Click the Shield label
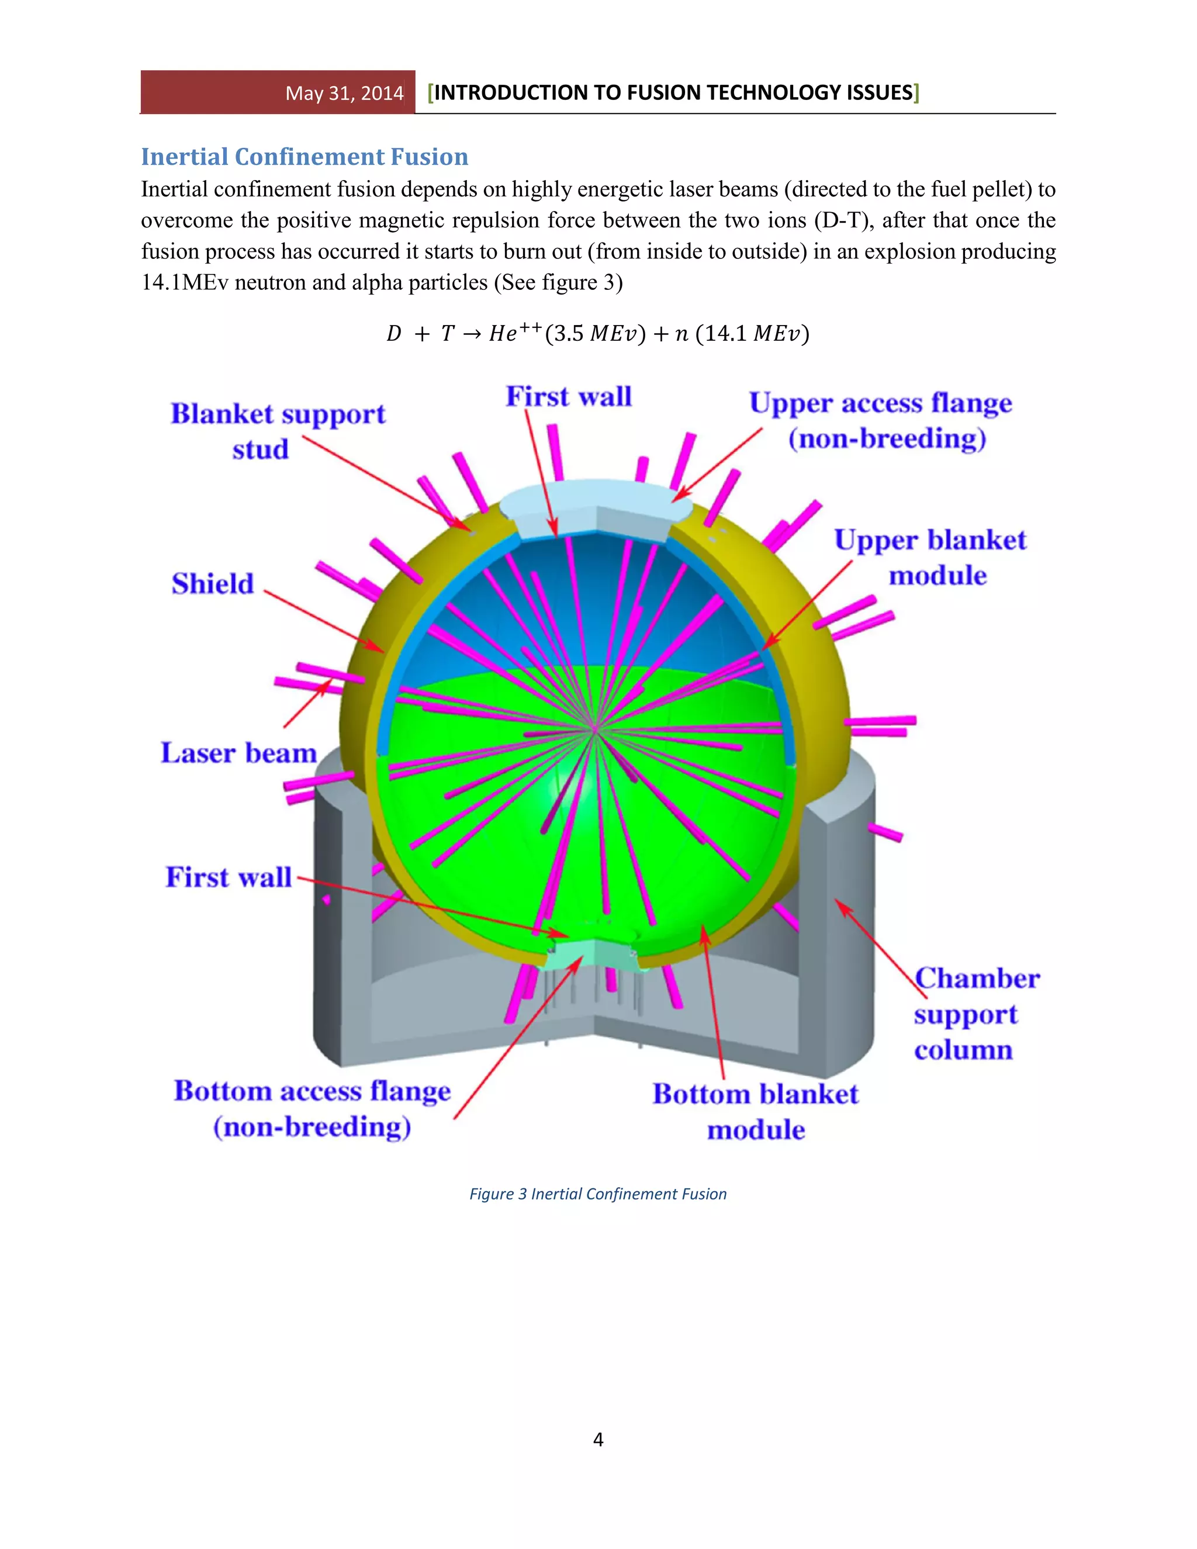[x=213, y=584]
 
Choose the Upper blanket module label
[x=930, y=558]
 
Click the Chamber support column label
[x=975, y=1014]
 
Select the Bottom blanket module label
[x=755, y=1111]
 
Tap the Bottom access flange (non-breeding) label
[x=312, y=1108]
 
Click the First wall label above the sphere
[x=568, y=396]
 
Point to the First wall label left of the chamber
[x=229, y=877]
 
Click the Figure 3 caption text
[x=598, y=1194]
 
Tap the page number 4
[x=598, y=1439]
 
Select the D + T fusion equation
[x=598, y=333]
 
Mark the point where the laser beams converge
[x=595, y=728]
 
